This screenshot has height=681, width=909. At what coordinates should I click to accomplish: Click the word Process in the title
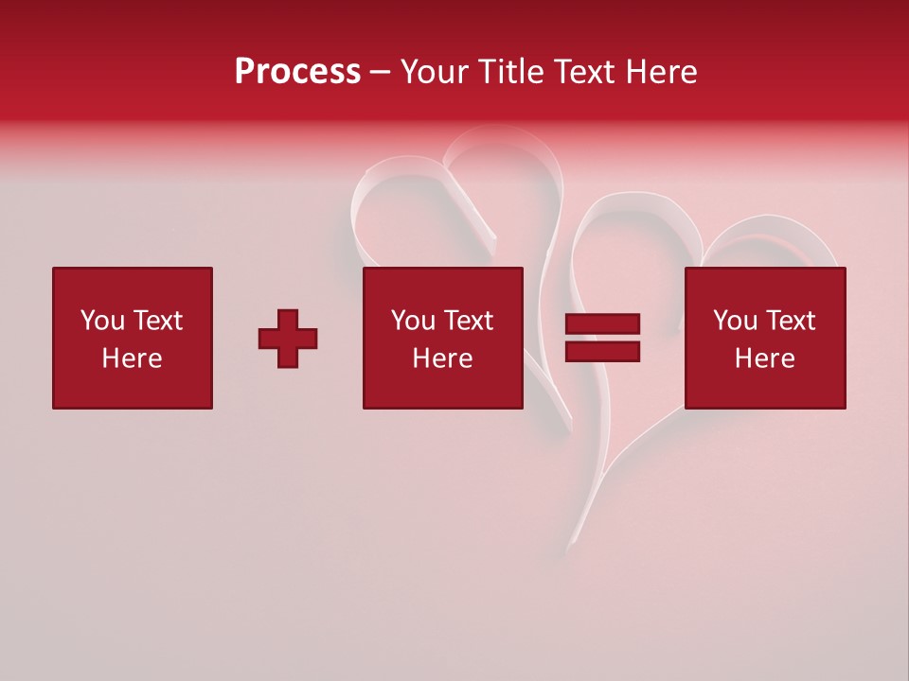pos(297,72)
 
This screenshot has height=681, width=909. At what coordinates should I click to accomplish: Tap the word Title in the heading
pos(510,72)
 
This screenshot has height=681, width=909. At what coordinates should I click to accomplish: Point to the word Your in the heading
pos(436,72)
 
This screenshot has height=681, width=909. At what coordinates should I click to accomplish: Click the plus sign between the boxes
pos(288,339)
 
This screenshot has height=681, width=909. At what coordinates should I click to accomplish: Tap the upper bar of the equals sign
pos(602,324)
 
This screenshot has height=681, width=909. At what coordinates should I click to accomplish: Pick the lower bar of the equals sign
pos(602,352)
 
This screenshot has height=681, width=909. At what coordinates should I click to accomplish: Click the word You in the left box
pos(103,321)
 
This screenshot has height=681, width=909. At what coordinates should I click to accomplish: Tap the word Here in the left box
pos(132,358)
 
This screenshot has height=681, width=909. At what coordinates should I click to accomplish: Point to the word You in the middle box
pos(414,321)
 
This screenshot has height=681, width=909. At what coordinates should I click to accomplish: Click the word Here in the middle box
pos(442,358)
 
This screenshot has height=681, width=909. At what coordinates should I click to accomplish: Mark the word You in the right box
pos(736,321)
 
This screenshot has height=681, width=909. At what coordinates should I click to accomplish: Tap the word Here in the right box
pos(764,358)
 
